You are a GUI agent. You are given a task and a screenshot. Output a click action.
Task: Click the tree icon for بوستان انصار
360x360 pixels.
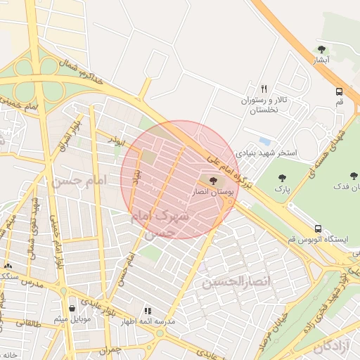(213, 181)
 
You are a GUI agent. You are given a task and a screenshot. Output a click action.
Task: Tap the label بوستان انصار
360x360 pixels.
(214, 192)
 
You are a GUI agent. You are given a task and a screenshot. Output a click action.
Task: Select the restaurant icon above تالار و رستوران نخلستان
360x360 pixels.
(264, 89)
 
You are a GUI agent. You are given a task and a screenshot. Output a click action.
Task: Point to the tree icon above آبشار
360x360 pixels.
(321, 49)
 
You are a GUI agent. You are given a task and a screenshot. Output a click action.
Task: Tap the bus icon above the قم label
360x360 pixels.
(340, 91)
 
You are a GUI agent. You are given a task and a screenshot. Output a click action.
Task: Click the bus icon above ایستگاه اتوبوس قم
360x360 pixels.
(318, 229)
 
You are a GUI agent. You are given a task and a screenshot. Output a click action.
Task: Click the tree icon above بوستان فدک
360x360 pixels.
(354, 176)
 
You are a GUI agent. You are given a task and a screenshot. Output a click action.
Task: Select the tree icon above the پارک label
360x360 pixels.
(283, 179)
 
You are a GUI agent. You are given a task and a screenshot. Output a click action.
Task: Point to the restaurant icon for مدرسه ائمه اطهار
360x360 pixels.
(148, 310)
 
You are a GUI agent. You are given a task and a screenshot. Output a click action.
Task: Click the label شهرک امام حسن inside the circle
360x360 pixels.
(160, 223)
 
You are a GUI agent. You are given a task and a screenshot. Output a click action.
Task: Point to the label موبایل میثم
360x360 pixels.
(71, 319)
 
